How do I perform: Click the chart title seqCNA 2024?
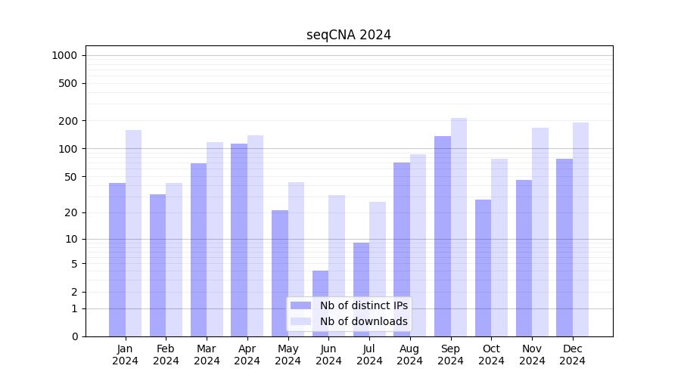[349, 35]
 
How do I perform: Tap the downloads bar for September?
[459, 227]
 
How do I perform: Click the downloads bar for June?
[337, 265]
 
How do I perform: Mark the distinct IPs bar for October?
[483, 268]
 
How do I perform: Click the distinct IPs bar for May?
[280, 273]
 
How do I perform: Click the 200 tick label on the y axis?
[69, 121]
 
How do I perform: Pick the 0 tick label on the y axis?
[74, 336]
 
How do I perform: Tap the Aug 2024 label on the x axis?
[409, 355]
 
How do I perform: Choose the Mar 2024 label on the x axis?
[207, 355]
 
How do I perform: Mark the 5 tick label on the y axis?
[74, 264]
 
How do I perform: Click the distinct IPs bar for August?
[402, 249]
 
